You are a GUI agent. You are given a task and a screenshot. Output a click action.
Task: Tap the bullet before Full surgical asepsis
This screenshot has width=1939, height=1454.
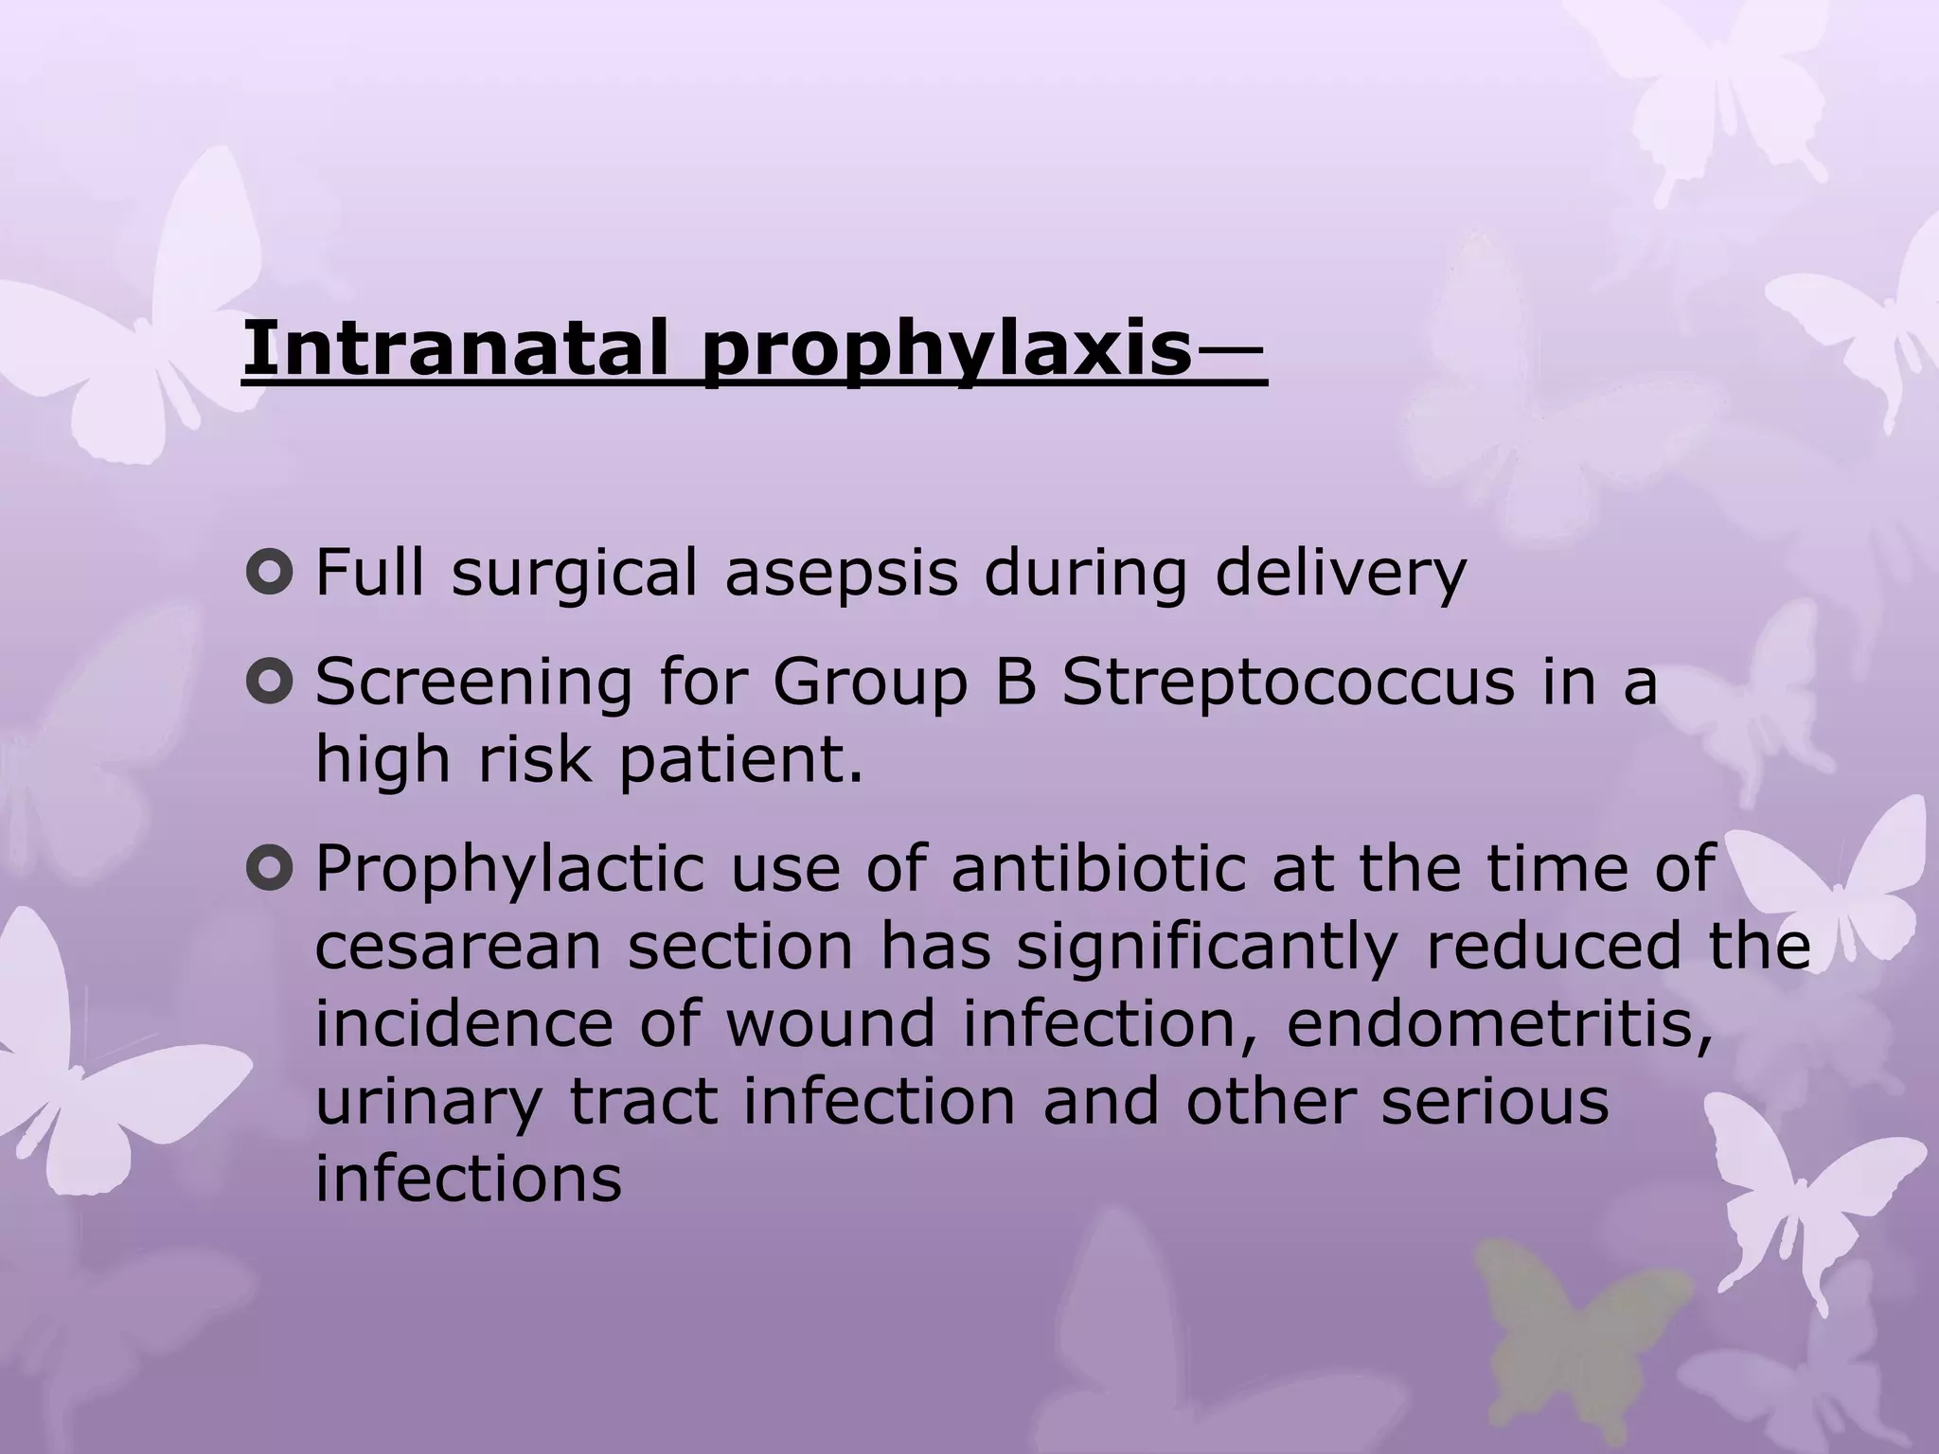(x=269, y=574)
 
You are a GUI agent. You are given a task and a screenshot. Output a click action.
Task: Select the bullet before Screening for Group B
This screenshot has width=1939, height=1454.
(x=269, y=683)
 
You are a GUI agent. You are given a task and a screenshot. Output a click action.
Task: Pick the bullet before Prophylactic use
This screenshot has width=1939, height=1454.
(x=269, y=869)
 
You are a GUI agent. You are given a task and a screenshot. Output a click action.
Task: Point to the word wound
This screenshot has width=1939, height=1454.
(x=830, y=1024)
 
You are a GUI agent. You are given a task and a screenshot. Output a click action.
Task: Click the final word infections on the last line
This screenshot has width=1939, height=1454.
(x=468, y=1179)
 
